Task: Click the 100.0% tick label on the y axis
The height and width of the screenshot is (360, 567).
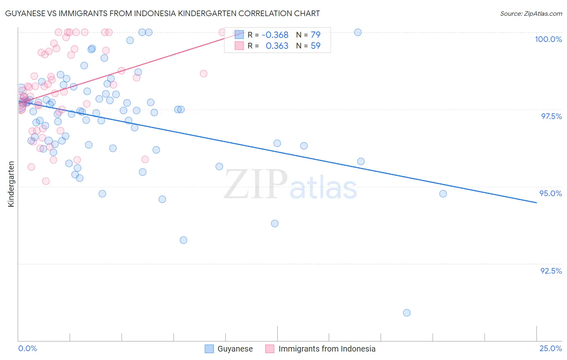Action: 548,39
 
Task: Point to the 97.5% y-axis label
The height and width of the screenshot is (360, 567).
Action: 551,116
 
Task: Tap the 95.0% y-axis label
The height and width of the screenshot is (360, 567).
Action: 550,193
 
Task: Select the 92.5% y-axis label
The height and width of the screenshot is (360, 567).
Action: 551,271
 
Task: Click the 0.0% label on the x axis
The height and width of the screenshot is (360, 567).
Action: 27,348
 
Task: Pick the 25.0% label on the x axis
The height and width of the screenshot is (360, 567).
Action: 550,348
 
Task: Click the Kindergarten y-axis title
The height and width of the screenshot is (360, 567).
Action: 11,184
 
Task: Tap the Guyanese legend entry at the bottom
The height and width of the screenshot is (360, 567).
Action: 229,349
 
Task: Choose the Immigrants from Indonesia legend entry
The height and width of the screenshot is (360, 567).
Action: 320,349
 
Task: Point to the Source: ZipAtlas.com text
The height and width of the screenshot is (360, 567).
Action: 531,13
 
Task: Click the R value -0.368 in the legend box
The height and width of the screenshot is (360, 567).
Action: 275,35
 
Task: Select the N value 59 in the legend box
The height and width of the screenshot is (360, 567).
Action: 315,46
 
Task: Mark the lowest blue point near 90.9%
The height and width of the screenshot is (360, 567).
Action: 406,313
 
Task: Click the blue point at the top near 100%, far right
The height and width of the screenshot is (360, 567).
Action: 358,32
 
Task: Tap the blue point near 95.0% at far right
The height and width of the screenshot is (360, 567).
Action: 443,194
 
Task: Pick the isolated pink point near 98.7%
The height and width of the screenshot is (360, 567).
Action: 204,73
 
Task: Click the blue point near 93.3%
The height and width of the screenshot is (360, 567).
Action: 183,240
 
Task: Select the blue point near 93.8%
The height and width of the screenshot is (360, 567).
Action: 275,224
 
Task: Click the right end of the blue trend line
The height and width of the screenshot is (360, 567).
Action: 536,203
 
